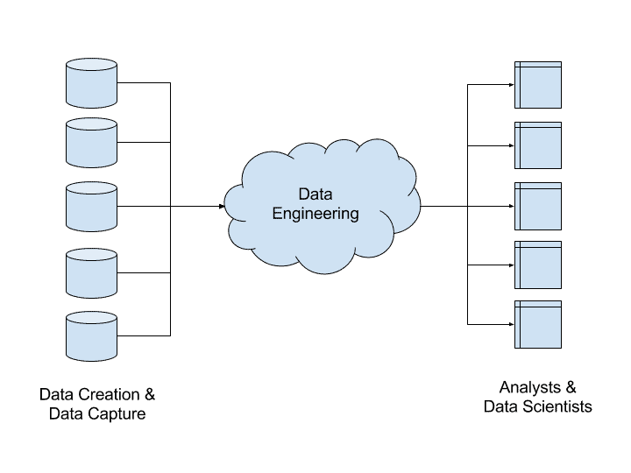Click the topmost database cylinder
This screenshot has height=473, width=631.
point(92,83)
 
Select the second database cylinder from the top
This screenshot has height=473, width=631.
point(92,143)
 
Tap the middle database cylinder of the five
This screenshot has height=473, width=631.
point(92,207)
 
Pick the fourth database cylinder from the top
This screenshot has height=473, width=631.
point(92,273)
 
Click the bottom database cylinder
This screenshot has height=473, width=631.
point(92,336)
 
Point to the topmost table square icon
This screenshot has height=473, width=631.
point(538,85)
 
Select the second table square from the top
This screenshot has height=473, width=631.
point(538,145)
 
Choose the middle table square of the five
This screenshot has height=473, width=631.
point(538,206)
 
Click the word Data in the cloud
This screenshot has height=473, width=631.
point(315,194)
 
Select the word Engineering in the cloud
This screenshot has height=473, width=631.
point(315,214)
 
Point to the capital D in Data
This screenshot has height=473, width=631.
point(303,194)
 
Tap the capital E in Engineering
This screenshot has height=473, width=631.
point(276,214)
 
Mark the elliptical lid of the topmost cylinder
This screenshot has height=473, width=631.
point(92,65)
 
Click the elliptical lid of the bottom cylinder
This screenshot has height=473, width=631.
point(92,319)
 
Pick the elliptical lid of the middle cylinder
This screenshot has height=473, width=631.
point(92,188)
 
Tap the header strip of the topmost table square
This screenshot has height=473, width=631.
point(538,65)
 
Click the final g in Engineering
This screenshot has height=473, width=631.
point(354,215)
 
